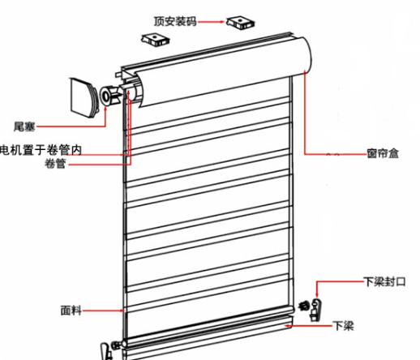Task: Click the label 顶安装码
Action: [x=175, y=22]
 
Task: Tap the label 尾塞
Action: [x=24, y=126]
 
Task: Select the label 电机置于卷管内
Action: [x=41, y=150]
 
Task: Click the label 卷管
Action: [x=55, y=164]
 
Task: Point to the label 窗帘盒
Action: [x=383, y=153]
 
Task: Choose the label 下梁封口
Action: [x=384, y=281]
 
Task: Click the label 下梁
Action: [x=343, y=326]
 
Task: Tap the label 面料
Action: [x=71, y=311]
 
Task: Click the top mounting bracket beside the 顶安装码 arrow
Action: [x=240, y=23]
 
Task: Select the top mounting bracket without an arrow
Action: [x=155, y=40]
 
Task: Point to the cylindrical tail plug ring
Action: [x=105, y=96]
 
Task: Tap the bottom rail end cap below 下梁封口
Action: [x=316, y=310]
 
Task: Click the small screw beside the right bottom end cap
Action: [x=304, y=306]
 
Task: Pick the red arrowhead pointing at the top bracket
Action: [x=223, y=22]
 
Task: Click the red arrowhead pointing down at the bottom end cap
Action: [x=317, y=295]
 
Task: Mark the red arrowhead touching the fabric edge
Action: [x=122, y=311]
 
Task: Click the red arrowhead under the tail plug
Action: [x=105, y=109]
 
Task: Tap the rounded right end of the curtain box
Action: [x=307, y=55]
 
